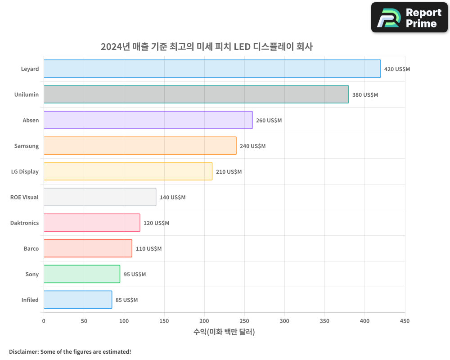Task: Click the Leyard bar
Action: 212,69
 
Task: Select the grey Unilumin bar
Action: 196,94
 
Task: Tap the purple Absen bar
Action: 148,120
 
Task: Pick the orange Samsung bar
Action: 139,146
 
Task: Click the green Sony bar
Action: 81,274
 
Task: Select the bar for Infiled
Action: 77,300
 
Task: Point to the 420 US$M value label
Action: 397,69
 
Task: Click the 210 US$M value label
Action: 229,172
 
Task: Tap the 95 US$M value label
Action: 135,274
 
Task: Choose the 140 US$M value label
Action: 172,198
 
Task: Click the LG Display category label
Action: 25,171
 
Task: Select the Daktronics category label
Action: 24,223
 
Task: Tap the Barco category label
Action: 31,248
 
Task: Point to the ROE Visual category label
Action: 24,197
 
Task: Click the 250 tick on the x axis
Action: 244,321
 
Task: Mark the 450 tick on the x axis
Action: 405,321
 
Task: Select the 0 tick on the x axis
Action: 44,321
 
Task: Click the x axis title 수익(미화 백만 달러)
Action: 224,332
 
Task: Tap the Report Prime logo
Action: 409,18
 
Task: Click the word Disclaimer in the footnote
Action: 23,351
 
